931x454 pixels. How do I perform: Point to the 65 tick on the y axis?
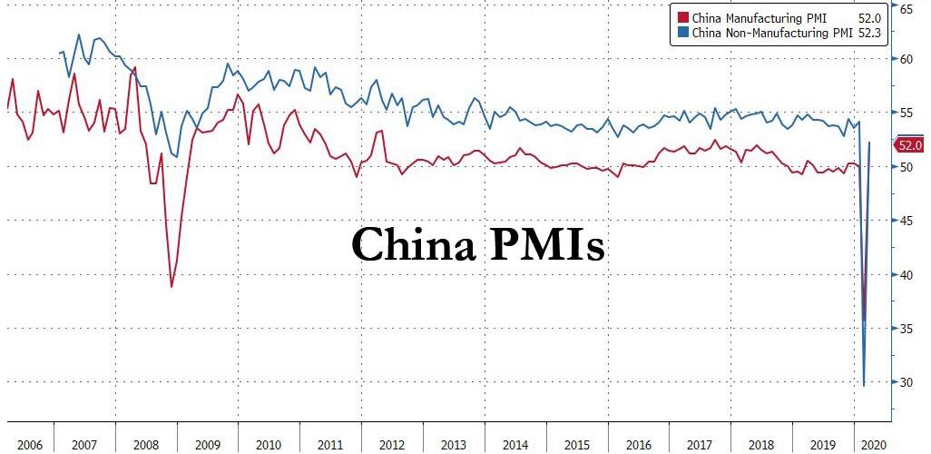point(906,8)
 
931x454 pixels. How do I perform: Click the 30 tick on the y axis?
point(906,382)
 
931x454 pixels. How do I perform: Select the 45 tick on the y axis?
point(906,221)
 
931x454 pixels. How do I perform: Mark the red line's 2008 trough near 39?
point(171,287)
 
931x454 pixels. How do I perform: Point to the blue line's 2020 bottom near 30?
point(864,386)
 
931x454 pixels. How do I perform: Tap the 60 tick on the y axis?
point(906,59)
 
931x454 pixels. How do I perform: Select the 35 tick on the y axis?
point(906,329)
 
